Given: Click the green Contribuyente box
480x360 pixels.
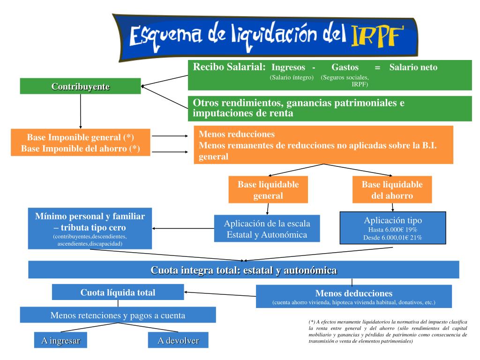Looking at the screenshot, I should click(80, 86).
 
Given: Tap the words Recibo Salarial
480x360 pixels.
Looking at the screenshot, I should click(229, 67).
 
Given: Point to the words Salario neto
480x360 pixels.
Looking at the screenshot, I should click(413, 67).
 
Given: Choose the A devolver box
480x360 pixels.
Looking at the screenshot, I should click(178, 341).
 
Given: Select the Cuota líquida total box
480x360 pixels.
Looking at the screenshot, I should click(118, 292).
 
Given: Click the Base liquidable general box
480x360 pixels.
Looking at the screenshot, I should click(268, 190).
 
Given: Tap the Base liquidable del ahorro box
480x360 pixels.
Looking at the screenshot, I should click(392, 190).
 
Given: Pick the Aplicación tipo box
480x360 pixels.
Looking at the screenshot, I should click(392, 228).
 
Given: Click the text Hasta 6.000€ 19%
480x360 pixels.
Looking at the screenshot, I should click(393, 229).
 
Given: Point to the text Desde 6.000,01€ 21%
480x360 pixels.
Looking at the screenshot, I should click(393, 238).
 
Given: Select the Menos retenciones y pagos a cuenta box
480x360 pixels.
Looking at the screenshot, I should click(118, 315).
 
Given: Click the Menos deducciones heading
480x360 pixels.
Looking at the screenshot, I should click(353, 293).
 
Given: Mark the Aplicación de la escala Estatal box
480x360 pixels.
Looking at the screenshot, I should click(267, 229).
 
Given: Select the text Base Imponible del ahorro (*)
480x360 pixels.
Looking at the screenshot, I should click(80, 149).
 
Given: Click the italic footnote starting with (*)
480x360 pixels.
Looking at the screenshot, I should click(388, 331).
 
